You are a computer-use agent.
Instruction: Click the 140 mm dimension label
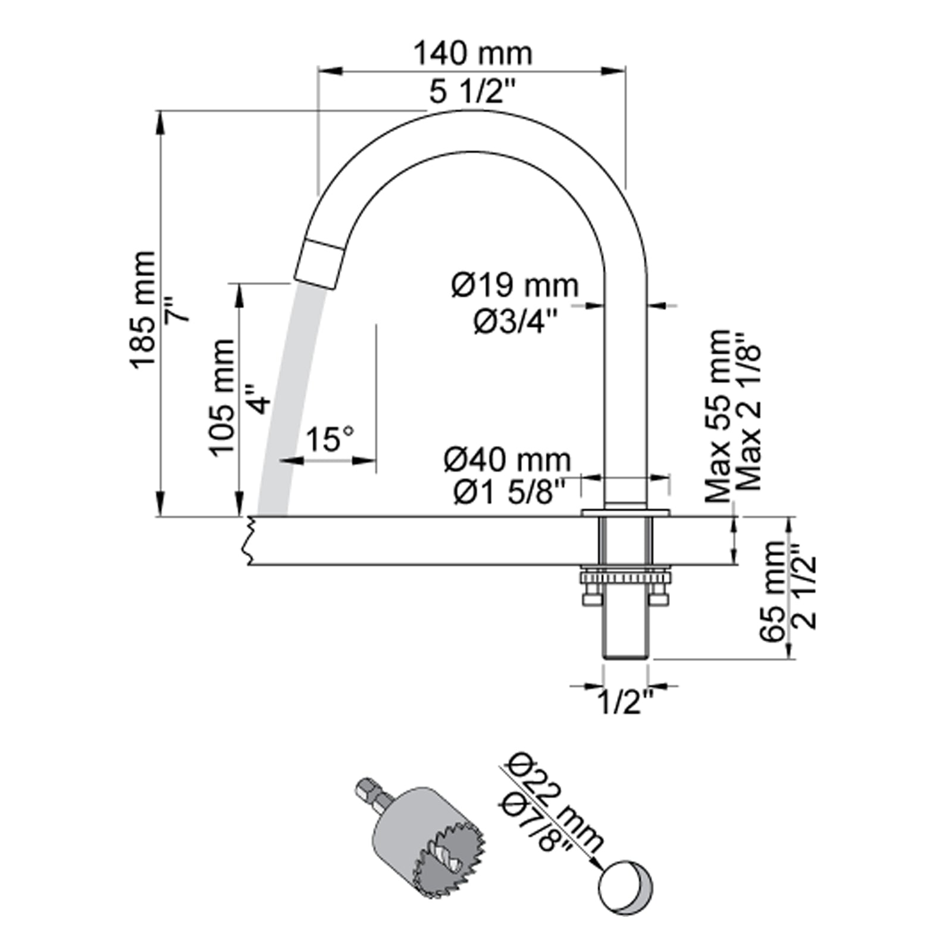(472, 54)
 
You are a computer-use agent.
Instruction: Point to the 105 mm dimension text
(223, 397)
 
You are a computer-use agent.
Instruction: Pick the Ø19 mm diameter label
(514, 286)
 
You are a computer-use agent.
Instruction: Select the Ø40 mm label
(507, 459)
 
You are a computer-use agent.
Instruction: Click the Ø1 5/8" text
(509, 493)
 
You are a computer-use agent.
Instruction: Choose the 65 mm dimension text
(773, 590)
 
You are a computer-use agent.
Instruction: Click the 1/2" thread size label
(625, 704)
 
